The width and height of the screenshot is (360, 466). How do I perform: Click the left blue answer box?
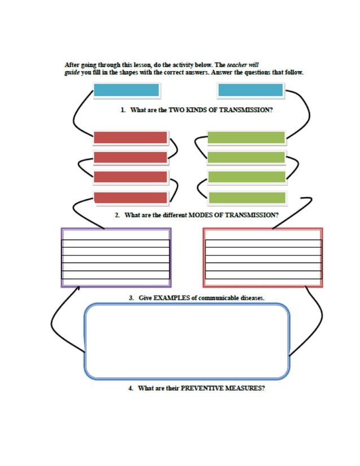[x=126, y=90]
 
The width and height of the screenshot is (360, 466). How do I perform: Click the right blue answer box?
[x=250, y=90]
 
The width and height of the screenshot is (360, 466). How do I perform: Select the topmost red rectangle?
[x=130, y=138]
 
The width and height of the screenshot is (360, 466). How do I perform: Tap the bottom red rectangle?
[x=130, y=197]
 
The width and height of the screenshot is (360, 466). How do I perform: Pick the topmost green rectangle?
[x=246, y=138]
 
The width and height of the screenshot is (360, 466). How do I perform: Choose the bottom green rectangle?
[x=247, y=197]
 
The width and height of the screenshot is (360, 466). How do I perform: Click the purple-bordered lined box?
[x=116, y=257]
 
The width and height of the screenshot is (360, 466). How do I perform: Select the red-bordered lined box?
[x=263, y=257]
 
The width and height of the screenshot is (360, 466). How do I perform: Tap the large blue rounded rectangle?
[x=187, y=341]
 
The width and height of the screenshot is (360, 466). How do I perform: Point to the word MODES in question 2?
[x=199, y=215]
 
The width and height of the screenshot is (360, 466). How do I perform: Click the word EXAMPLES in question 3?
[x=168, y=297]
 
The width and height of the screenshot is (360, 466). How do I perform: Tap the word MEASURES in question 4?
[x=245, y=389]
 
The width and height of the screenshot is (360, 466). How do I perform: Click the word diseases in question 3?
[x=251, y=297]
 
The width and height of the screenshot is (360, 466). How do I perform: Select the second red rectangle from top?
[x=130, y=157]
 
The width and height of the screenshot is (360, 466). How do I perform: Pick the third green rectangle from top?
[x=247, y=177]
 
